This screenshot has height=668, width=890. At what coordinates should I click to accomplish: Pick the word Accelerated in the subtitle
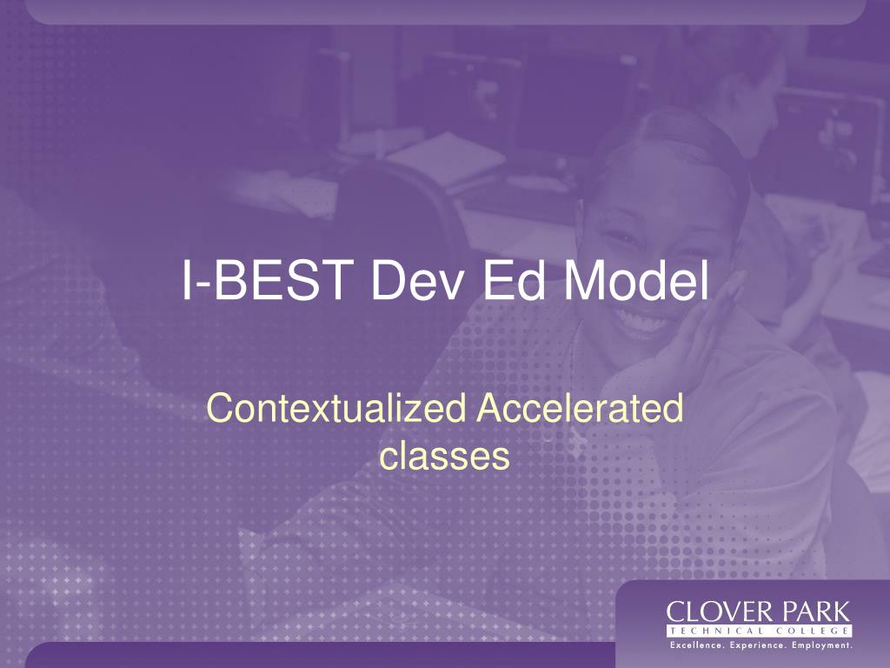point(580,408)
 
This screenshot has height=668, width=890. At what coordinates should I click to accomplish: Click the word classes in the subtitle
point(444,456)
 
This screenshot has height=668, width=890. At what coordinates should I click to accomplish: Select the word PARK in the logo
point(815,612)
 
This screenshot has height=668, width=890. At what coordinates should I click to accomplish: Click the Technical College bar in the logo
point(759,631)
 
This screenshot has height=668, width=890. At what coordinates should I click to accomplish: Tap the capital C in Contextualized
point(218,408)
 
